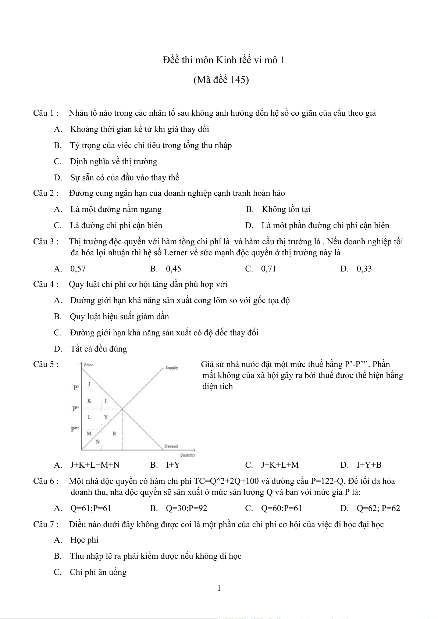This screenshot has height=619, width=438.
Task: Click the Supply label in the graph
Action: click(x=172, y=368)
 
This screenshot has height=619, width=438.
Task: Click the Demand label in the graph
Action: click(x=171, y=446)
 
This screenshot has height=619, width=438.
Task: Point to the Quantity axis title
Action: click(x=188, y=455)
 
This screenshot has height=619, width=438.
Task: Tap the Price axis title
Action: click(x=88, y=365)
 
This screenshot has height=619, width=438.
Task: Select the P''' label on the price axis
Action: click(x=75, y=429)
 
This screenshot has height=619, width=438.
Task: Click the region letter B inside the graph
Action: click(x=114, y=433)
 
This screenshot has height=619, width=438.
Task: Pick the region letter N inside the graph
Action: click(x=97, y=442)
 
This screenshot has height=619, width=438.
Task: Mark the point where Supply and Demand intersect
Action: click(x=122, y=409)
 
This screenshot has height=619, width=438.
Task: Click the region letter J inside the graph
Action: click(x=89, y=384)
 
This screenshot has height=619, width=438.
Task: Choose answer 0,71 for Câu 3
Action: click(x=268, y=269)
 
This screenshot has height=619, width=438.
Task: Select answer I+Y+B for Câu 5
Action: click(x=369, y=465)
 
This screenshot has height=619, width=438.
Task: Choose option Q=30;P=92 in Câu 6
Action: click(x=186, y=508)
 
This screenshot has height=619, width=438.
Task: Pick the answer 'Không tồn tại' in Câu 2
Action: click(x=286, y=209)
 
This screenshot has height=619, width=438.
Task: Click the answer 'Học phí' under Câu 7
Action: click(x=84, y=540)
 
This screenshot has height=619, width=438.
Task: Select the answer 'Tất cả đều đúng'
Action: click(x=99, y=349)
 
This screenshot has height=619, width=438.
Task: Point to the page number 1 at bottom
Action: click(x=219, y=588)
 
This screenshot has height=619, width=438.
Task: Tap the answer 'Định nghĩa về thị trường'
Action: click(x=113, y=162)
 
